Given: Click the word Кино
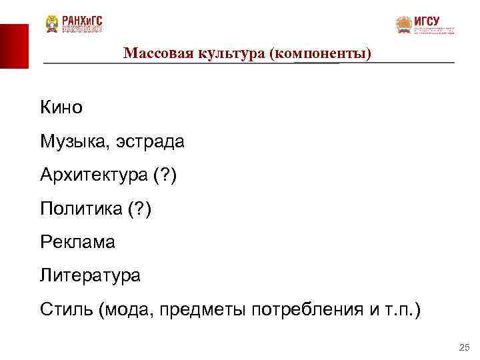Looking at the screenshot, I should [61, 107].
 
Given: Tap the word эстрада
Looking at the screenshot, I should [150, 141].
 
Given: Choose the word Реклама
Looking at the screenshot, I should [77, 242].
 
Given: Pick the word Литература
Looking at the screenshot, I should [90, 275].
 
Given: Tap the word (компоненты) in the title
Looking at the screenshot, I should [321, 52].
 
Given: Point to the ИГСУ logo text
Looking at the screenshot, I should [427, 21].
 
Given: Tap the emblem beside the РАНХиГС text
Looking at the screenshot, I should [52, 24].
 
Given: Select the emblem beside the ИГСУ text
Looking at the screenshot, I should [403, 25].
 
